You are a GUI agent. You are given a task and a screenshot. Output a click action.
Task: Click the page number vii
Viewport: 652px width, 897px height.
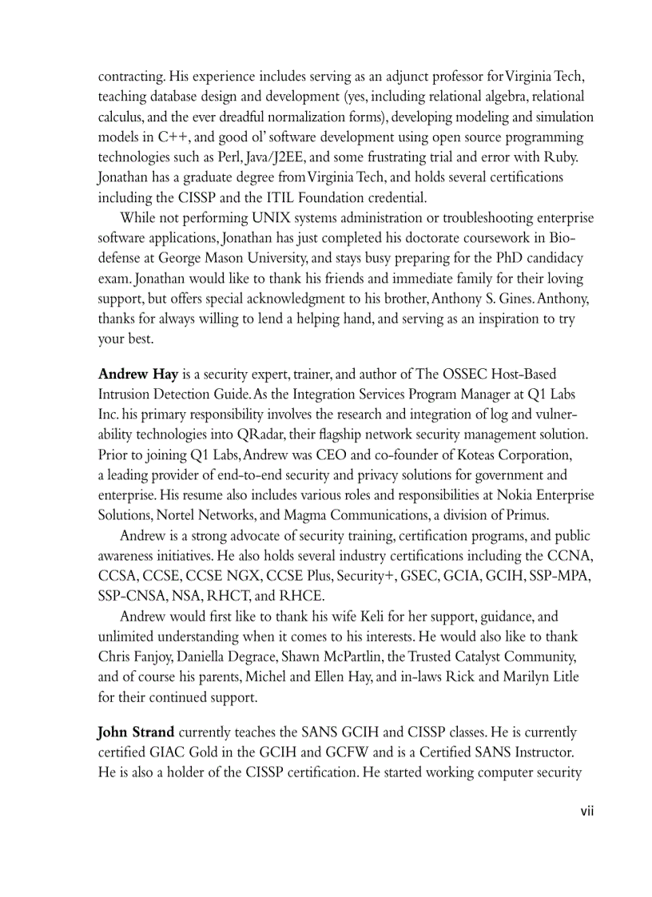[x=587, y=811]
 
